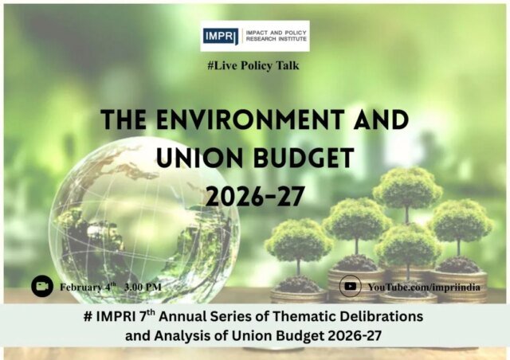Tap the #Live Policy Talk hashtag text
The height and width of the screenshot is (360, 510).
click(254, 65)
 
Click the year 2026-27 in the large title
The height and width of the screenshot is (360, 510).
click(254, 195)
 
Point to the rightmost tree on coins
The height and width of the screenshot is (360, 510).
click(460, 223)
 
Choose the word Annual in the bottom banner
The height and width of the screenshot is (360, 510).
click(210, 317)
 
